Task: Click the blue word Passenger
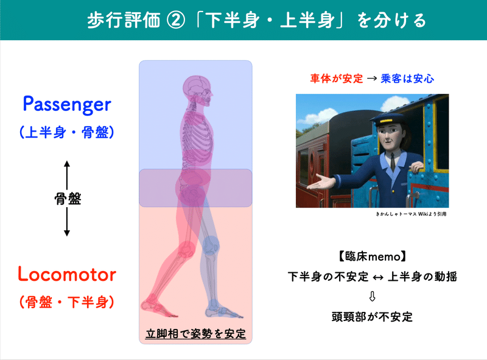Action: [67, 104]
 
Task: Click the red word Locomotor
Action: [67, 274]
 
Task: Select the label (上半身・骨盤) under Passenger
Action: [67, 132]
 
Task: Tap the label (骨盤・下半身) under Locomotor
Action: [67, 301]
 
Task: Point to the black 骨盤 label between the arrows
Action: [67, 199]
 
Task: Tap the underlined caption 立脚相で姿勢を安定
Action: [195, 334]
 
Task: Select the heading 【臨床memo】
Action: [372, 255]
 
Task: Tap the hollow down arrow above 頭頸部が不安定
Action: [372, 297]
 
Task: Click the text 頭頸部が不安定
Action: [372, 317]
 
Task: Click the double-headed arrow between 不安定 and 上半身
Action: [377, 276]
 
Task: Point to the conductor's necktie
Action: [394, 160]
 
